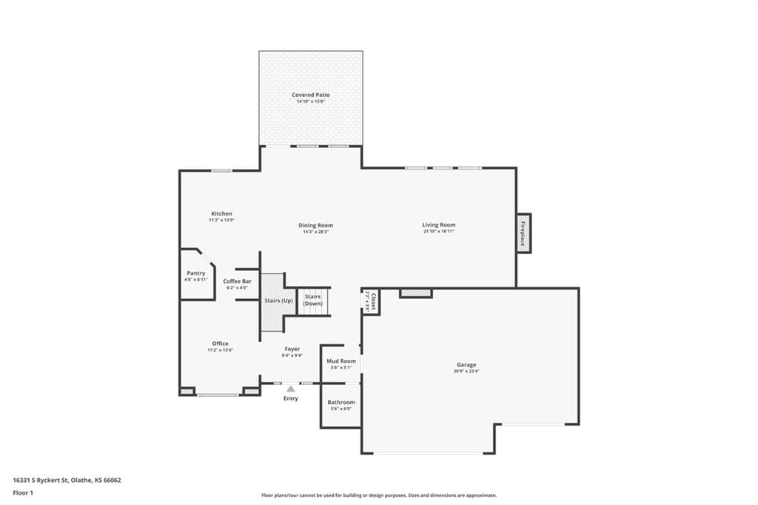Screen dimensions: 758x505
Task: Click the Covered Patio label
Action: point(310,95)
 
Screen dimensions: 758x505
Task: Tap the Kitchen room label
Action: point(221,213)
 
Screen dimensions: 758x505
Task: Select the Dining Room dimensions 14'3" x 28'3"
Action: point(315,232)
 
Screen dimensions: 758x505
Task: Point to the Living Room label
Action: point(438,224)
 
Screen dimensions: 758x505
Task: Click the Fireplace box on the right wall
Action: point(523,233)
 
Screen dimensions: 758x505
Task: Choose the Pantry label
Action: point(195,272)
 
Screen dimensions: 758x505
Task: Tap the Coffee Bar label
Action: point(238,281)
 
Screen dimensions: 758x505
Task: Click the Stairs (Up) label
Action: point(278,301)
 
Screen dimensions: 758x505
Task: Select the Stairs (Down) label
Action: point(313,300)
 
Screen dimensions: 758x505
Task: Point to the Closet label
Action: point(373,301)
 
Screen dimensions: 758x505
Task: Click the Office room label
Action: point(220,344)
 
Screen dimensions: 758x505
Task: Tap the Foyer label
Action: point(292,349)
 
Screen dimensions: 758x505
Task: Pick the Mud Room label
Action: point(341,361)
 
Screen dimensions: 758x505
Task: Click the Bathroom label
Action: point(341,402)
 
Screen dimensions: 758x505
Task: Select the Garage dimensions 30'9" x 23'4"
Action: point(466,371)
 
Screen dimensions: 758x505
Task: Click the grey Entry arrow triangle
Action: point(290,389)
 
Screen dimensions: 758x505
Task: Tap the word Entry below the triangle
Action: point(290,398)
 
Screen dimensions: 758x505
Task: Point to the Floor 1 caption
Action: point(23,493)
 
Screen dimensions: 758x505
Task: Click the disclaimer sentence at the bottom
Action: point(379,495)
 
